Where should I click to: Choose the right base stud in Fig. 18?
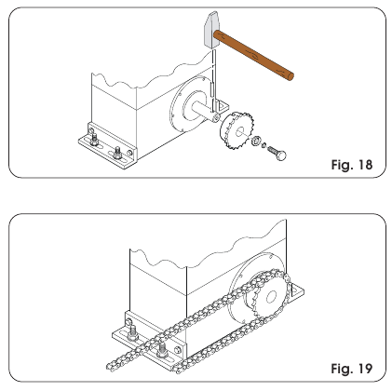[118, 151]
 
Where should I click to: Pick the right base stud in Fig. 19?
[164, 349]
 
